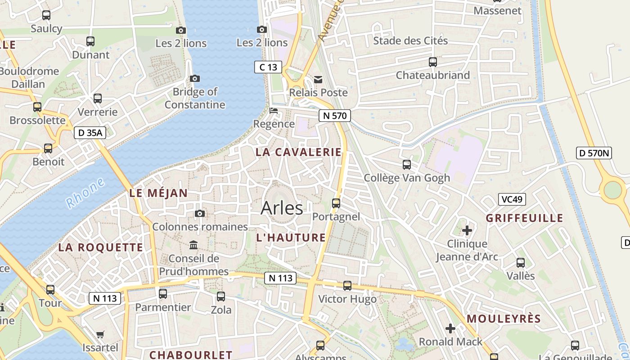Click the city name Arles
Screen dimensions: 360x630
tap(282, 208)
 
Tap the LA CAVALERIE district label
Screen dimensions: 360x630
tap(298, 152)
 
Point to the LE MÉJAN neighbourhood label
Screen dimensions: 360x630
tap(158, 193)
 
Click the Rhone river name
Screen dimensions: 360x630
tap(85, 193)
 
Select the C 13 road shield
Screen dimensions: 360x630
tap(268, 67)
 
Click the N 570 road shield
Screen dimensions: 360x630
tap(334, 116)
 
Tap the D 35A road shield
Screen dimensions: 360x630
tap(90, 133)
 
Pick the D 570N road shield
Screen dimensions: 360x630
tap(594, 153)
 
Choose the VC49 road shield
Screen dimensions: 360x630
tap(512, 199)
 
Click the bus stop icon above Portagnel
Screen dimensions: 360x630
tap(336, 203)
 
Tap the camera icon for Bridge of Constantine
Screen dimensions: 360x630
tap(195, 78)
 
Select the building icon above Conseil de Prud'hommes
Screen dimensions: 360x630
tap(193, 245)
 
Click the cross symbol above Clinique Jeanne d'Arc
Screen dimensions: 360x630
tap(467, 230)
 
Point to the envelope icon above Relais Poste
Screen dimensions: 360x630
tap(318, 80)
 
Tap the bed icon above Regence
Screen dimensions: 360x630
tap(273, 111)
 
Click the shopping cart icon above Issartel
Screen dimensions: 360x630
tap(100, 334)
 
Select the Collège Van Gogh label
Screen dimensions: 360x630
tap(407, 178)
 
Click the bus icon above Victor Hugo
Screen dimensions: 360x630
tap(347, 286)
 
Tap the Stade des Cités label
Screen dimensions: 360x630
tap(410, 41)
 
